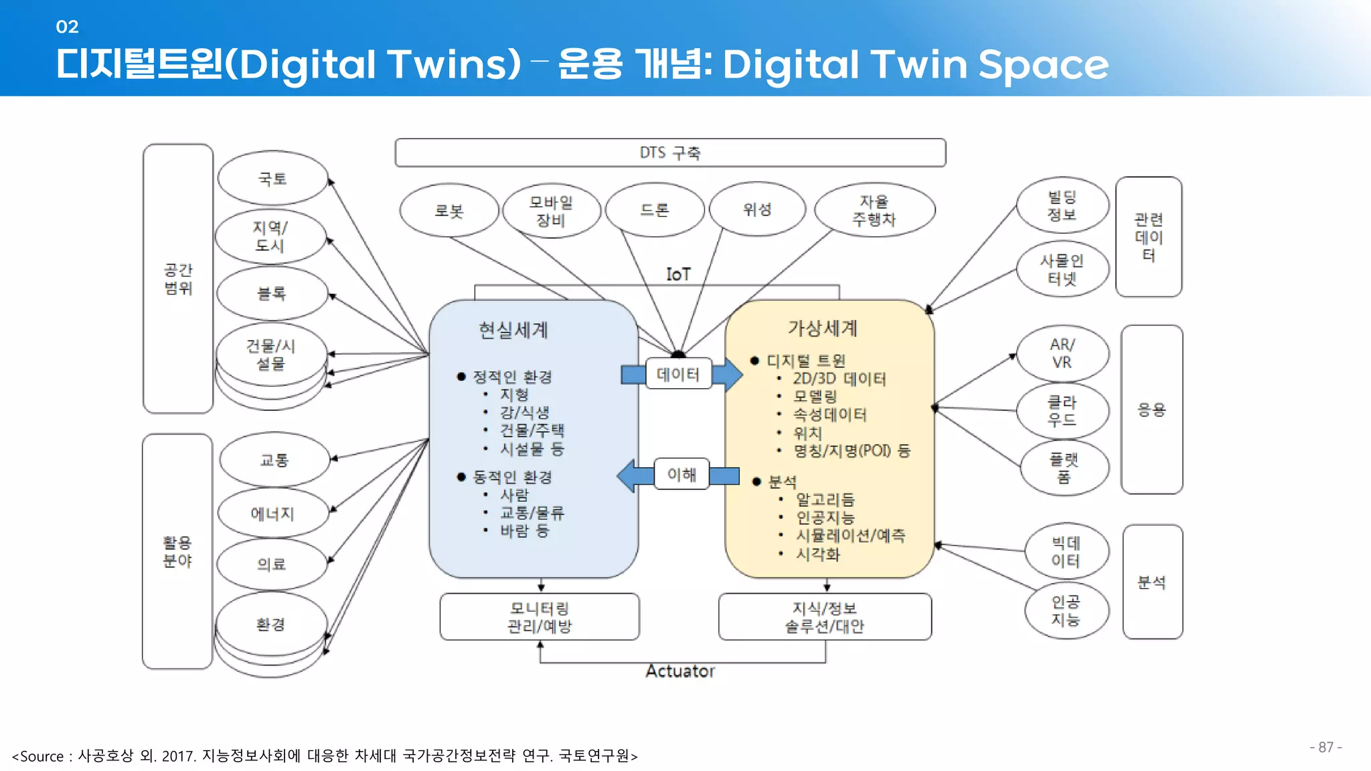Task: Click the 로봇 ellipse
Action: pos(449,211)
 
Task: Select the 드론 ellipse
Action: pos(655,210)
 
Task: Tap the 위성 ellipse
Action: pos(757,209)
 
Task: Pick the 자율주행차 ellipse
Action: pos(874,210)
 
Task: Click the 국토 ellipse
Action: pos(272,179)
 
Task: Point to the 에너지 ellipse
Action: pos(272,513)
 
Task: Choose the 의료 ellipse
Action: pos(272,564)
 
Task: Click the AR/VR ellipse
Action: pos(1062,353)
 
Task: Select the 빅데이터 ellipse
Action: pos(1066,551)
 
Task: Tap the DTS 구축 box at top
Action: pos(670,153)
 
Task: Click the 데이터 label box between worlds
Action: pos(678,374)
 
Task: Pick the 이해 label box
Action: pos(681,475)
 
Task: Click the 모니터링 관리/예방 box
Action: pos(540,617)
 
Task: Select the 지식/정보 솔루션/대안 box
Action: pos(825,617)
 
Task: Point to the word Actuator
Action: pos(680,671)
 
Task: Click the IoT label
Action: pos(678,274)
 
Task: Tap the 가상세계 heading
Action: pos(823,328)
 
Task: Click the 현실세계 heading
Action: pos(513,330)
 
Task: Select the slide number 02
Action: pos(68,27)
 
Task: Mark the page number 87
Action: pos(1325,747)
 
